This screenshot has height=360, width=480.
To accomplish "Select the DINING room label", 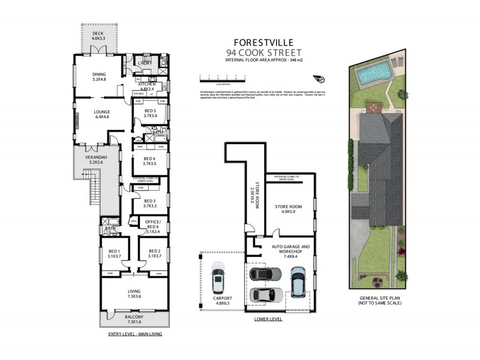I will tap(99, 76).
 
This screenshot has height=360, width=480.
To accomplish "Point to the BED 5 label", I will tap(151, 113).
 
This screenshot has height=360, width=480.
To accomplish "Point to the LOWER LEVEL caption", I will tap(268, 319).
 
